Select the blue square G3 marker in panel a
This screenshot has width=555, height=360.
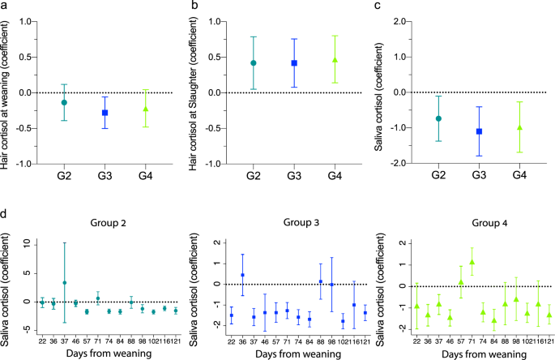(105, 113)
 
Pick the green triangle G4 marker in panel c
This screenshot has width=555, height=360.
(520, 127)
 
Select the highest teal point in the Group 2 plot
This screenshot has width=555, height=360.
(64, 283)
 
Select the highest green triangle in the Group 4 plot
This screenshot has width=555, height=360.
(472, 262)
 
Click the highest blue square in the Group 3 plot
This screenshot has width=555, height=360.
(242, 275)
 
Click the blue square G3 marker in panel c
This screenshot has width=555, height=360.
(479, 131)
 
